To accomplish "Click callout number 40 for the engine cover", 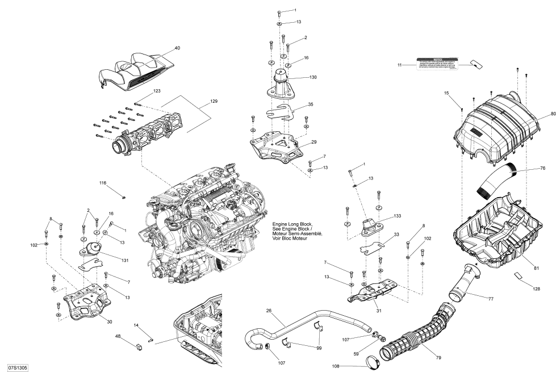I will click(178, 48).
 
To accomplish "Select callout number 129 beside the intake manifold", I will click(214, 101).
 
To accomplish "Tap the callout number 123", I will click(157, 91).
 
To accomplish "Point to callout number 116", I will click(103, 183).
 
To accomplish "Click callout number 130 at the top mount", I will click(313, 77).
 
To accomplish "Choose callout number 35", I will click(311, 105).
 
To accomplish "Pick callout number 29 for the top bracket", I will click(313, 142).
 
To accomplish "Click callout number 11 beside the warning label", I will click(400, 65).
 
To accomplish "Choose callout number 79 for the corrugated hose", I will click(438, 358).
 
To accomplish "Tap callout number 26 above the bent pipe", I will click(269, 310).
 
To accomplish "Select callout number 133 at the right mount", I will click(397, 216).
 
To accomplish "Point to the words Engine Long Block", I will click(289, 224).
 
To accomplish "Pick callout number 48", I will click(118, 337).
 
